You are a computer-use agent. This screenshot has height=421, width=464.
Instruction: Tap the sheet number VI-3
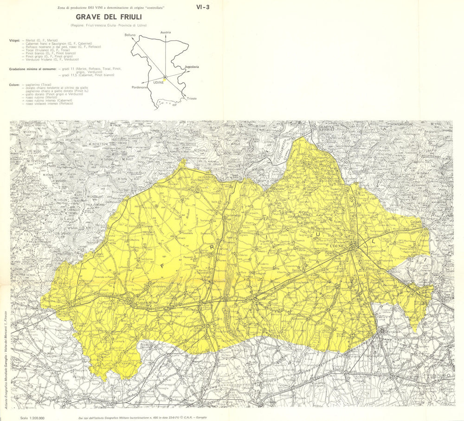click(x=203, y=7)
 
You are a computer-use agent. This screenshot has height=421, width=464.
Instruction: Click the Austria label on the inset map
click(x=166, y=33)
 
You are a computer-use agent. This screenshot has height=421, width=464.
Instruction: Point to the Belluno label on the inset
click(x=130, y=35)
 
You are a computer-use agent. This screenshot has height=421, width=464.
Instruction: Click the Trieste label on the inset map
click(x=191, y=99)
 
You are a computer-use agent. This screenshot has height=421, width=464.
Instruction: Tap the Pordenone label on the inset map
click(x=140, y=87)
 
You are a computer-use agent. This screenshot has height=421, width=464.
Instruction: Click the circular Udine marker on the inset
click(x=165, y=78)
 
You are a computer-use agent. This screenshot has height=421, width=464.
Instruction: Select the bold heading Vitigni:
click(x=14, y=40)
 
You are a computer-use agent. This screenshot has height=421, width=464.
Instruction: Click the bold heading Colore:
click(x=14, y=85)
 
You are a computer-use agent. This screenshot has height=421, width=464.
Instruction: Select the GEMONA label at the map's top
click(x=326, y=126)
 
